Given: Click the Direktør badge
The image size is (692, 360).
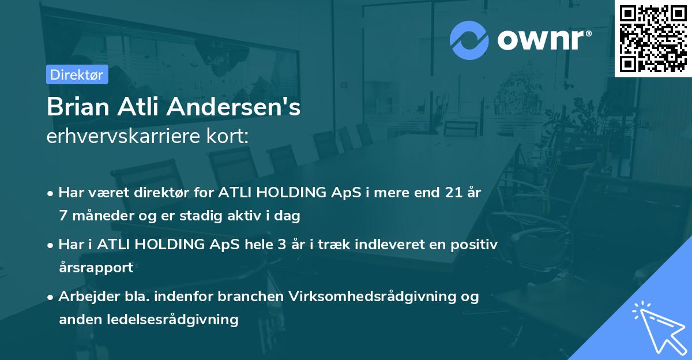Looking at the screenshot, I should click(77, 75).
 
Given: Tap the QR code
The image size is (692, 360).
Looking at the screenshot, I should click(653, 38).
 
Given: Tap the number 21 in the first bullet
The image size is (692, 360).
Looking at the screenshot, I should click(447, 193).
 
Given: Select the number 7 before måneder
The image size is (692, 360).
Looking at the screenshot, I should click(63, 216).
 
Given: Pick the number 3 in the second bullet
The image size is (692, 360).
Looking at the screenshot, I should click(281, 244).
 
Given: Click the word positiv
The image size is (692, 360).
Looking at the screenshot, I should click(473, 244).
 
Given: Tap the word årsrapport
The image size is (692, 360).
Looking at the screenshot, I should click(96, 268).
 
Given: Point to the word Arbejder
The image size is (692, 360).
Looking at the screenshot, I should click(85, 296).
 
